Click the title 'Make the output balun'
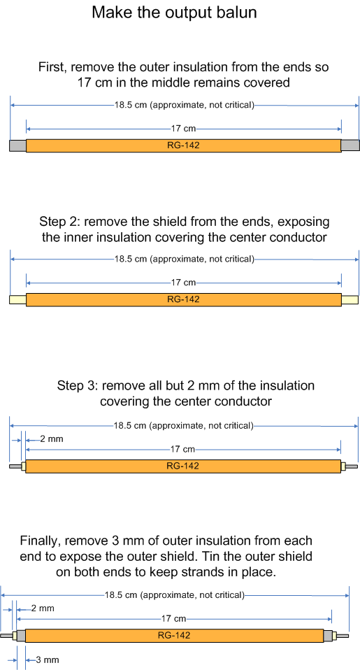[174, 13]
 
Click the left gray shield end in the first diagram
[18, 145]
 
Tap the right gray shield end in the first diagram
[350, 145]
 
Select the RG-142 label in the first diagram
[183, 145]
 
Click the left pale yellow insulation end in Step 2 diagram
[18, 300]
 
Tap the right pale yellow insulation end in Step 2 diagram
[350, 300]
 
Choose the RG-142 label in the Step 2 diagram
[183, 299]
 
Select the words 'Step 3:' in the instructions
[78, 386]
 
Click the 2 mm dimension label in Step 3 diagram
[52, 439]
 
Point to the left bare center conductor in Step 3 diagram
[15, 466]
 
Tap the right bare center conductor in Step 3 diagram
[352, 466]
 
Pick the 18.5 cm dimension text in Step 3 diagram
[183, 426]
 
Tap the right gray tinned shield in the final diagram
[327, 636]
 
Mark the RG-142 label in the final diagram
[174, 636]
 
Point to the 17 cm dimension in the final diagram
[174, 618]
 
